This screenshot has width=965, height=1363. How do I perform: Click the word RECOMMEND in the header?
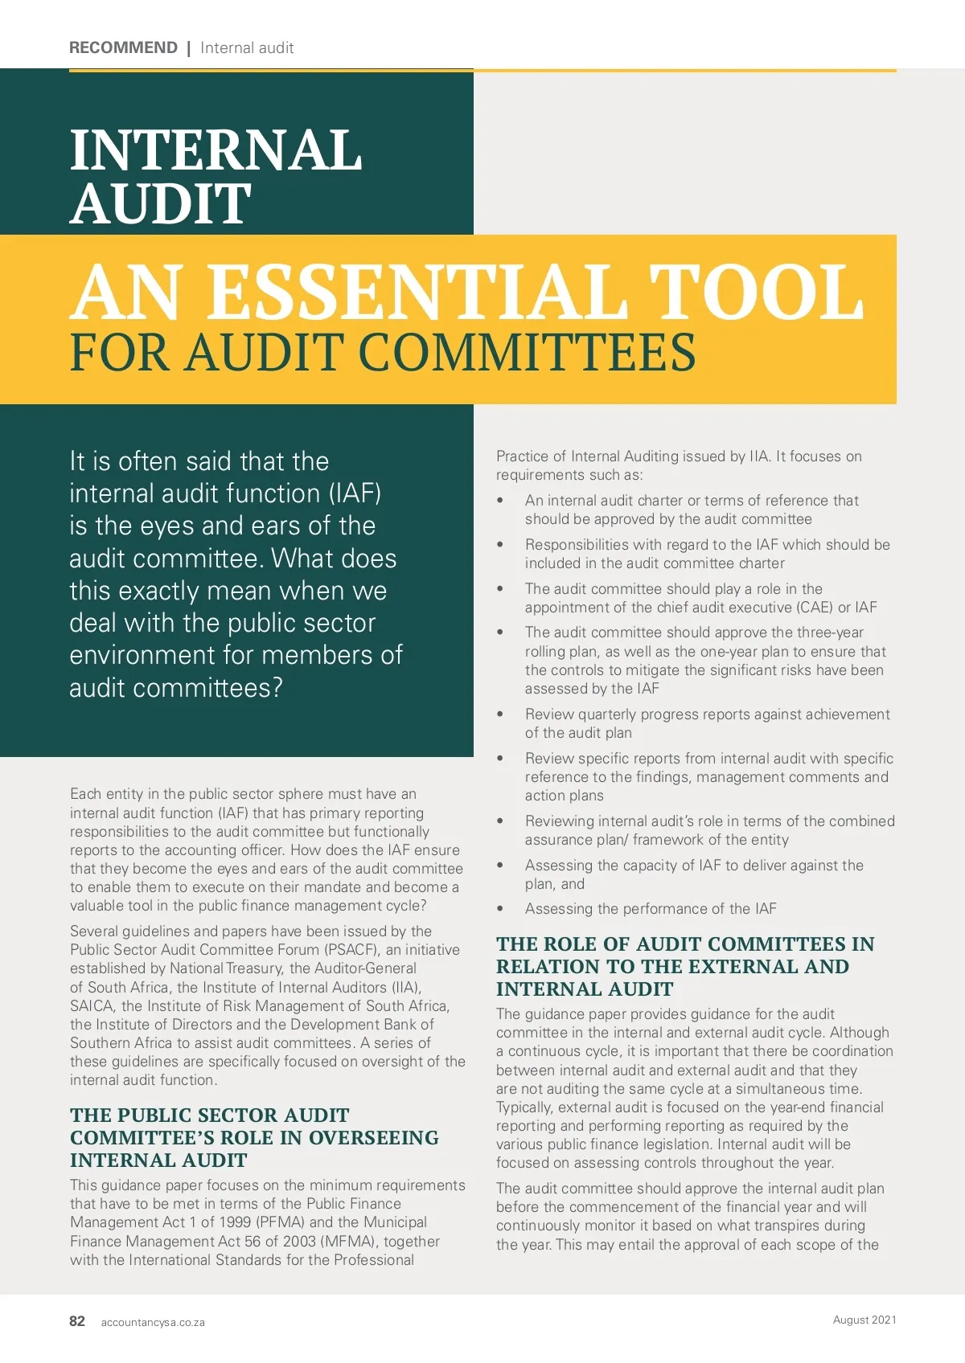click(x=123, y=47)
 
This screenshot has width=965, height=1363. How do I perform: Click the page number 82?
click(x=77, y=1321)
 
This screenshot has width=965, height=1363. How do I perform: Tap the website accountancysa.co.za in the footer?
click(x=153, y=1322)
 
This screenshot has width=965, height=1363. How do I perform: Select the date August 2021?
click(x=864, y=1320)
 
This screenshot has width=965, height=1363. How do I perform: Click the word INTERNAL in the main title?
click(x=216, y=150)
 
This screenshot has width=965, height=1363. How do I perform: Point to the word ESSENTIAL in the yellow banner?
click(x=417, y=292)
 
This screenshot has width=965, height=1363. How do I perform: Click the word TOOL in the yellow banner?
click(x=756, y=292)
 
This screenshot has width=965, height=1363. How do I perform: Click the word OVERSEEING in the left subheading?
click(x=374, y=1138)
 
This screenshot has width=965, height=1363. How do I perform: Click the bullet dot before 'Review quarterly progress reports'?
click(x=500, y=714)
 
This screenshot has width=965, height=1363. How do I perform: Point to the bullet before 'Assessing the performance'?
click(x=500, y=909)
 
